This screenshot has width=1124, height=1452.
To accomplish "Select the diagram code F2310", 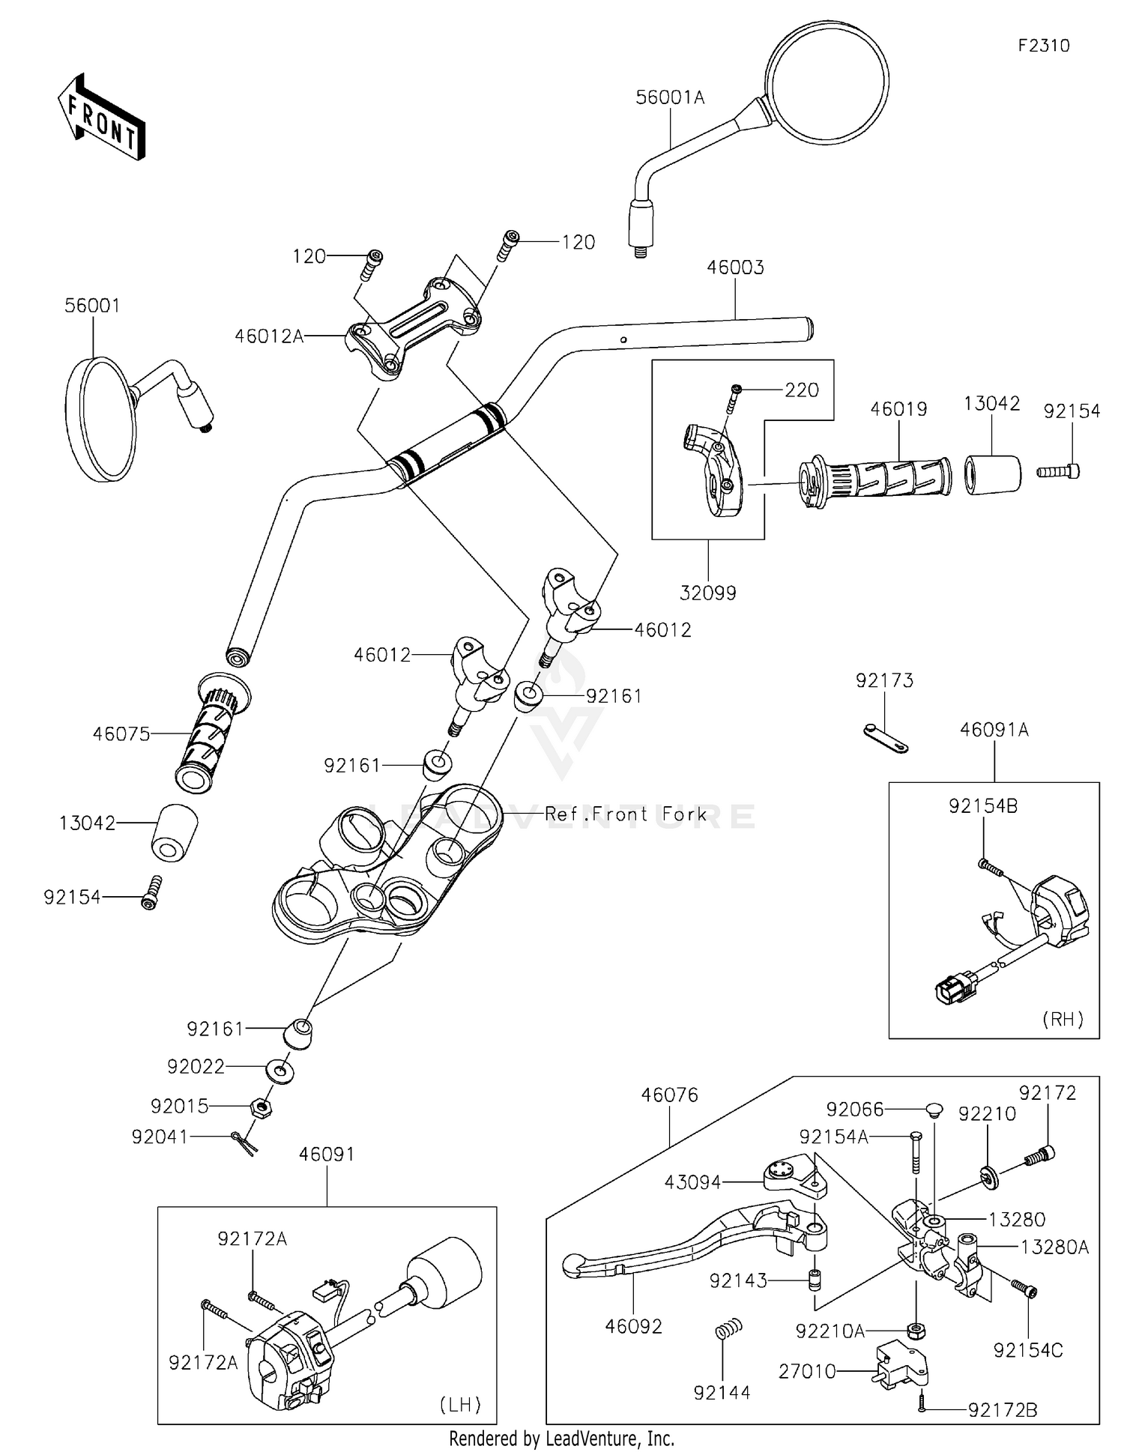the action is point(1044,46).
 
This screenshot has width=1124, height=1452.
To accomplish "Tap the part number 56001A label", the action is point(670,97).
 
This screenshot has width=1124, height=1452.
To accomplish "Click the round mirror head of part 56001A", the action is point(827,82).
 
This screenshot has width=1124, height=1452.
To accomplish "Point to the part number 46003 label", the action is point(735,267).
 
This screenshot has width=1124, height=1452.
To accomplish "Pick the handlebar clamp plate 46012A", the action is point(413,327).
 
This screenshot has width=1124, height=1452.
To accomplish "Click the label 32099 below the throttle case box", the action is point(708,593).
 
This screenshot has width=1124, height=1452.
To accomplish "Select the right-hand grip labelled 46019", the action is point(874,478).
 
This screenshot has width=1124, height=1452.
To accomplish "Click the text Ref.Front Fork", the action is point(626,814).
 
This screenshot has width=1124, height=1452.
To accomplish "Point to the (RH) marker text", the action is point(1063,1019).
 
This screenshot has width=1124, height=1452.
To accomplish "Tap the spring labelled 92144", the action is point(724,1331).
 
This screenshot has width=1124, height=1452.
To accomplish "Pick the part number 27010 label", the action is point(807,1372).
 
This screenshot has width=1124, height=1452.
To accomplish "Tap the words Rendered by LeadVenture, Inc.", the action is point(562,1439).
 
